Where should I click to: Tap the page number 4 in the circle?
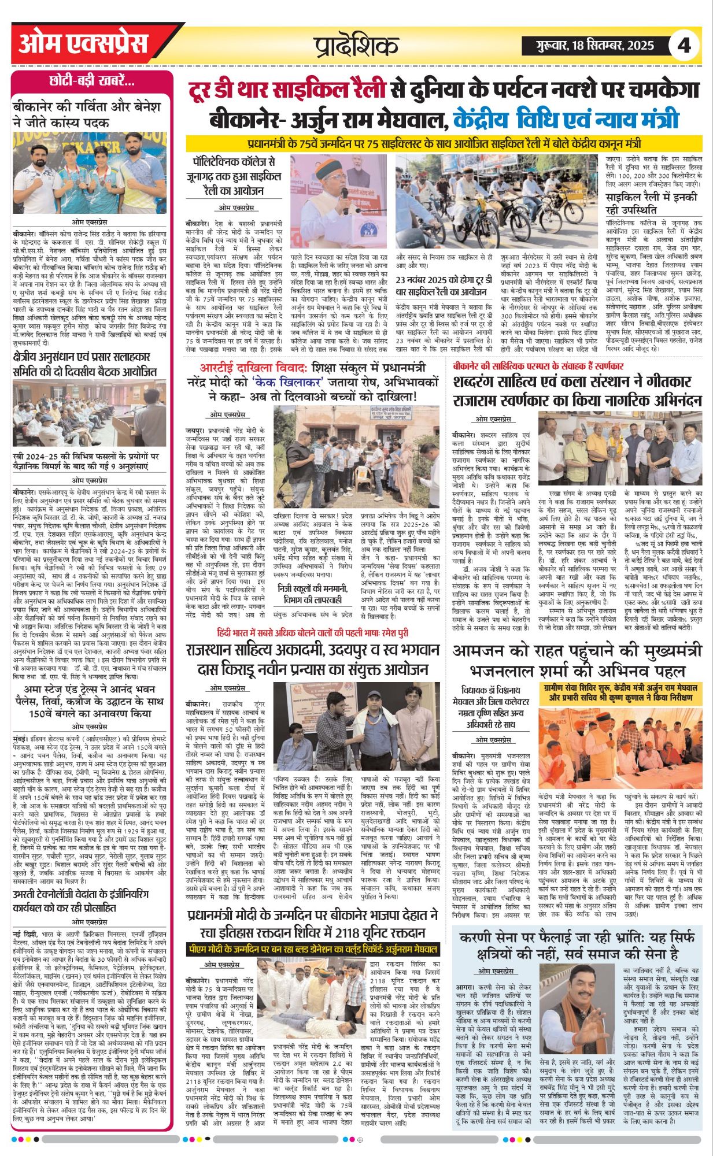tap(685, 46)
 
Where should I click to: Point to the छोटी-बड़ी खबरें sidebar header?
tap(93, 81)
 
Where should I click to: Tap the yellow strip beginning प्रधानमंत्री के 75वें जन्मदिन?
tap(444, 143)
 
